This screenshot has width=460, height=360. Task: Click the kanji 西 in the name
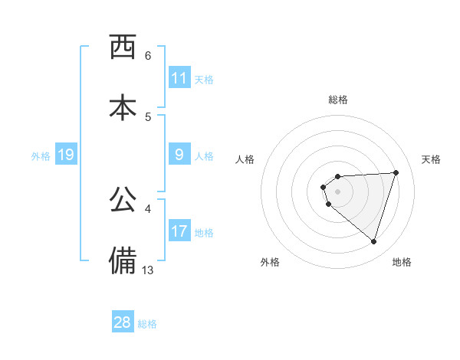123,47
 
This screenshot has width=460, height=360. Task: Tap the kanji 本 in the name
123,107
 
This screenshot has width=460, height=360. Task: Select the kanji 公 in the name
123,200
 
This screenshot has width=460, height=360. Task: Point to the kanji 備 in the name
123,260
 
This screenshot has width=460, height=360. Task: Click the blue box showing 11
179,78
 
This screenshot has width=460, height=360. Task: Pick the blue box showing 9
179,155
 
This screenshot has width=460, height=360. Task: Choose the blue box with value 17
179,231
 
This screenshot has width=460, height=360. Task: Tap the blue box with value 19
65,155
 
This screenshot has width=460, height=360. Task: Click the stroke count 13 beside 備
148,270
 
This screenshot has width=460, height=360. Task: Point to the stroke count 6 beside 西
148,56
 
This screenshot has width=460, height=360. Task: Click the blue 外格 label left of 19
41,155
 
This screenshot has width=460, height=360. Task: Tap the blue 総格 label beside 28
147,323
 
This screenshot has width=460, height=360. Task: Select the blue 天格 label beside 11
204,79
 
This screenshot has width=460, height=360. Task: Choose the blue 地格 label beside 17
204,232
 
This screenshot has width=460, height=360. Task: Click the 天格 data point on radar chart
396,172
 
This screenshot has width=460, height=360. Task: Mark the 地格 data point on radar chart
373,241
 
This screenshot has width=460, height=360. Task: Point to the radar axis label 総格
338,100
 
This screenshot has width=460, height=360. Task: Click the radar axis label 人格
245,159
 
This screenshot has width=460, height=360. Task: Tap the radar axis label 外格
270,262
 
